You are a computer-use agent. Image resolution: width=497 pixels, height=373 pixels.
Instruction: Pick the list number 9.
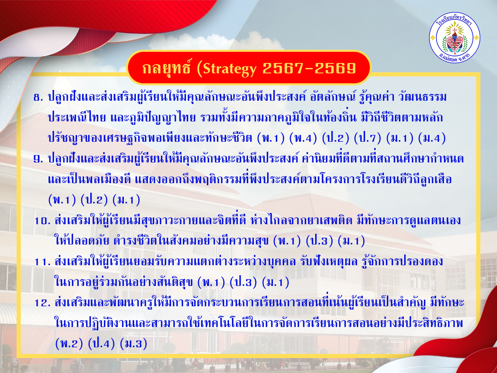tap(38, 160)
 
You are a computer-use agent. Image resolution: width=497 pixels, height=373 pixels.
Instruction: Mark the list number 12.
tap(42, 303)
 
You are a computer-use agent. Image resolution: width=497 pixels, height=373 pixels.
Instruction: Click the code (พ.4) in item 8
tap(303, 138)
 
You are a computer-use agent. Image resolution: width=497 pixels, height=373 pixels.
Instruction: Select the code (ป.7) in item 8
tap(367, 138)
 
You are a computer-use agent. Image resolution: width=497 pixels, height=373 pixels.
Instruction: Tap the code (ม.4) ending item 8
tap(432, 138)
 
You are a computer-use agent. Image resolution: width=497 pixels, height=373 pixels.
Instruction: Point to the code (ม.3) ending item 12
tap(134, 344)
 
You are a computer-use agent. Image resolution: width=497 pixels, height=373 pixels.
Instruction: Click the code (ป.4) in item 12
tap(101, 344)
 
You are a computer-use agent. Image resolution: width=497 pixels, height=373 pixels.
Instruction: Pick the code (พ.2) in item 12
tap(69, 344)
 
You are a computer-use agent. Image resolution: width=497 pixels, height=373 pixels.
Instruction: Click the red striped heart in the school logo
tap(454, 44)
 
